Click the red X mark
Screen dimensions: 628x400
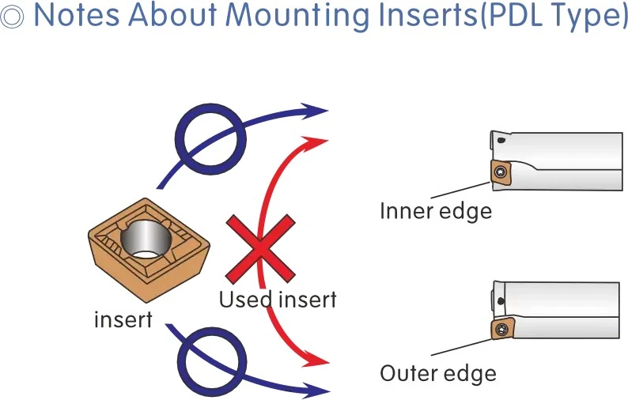click(x=261, y=249)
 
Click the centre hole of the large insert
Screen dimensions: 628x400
click(x=146, y=240)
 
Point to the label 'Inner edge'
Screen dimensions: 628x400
click(x=436, y=211)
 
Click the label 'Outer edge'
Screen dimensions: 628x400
click(x=438, y=374)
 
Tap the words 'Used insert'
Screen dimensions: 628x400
click(x=278, y=300)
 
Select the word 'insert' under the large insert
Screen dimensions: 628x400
click(x=123, y=319)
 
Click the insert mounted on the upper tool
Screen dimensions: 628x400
click(x=500, y=173)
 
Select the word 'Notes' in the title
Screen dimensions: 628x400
click(x=77, y=15)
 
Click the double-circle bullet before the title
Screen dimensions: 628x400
click(x=12, y=17)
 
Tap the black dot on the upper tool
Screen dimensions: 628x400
click(x=501, y=140)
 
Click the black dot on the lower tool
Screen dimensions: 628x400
click(x=500, y=301)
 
